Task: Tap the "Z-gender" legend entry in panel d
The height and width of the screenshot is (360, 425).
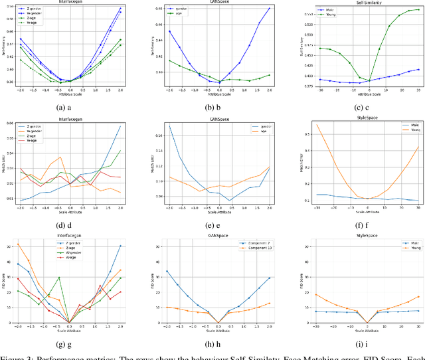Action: pyautogui.click(x=33, y=127)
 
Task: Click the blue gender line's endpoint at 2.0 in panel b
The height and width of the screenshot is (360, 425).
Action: pyautogui.click(x=269, y=9)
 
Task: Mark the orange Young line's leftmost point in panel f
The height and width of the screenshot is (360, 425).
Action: pyautogui.click(x=317, y=125)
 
